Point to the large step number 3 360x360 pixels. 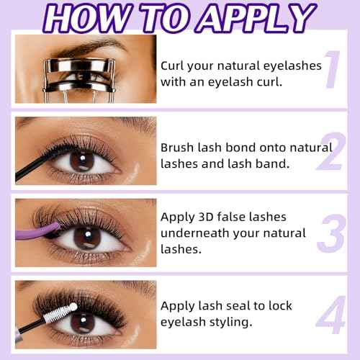(332, 234)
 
